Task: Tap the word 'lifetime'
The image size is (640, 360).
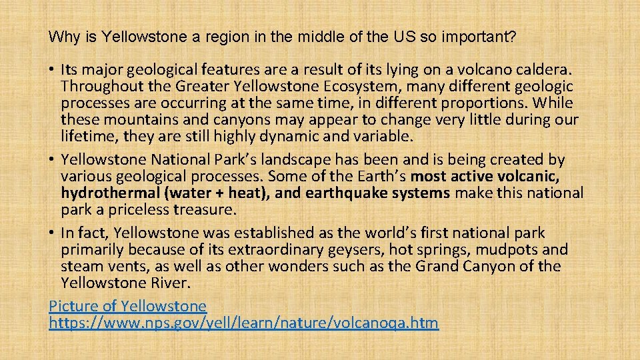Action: (x=87, y=137)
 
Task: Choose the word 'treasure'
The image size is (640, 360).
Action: (x=205, y=210)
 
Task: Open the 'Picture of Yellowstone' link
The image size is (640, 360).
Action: (x=128, y=307)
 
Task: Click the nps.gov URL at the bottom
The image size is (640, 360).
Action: (x=244, y=323)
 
